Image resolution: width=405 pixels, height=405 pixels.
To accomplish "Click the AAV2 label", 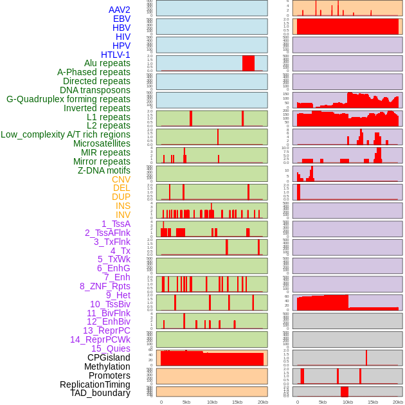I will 120,10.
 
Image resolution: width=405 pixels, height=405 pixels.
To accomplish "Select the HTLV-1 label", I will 116,55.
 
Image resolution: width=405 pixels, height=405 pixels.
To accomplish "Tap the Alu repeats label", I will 107,63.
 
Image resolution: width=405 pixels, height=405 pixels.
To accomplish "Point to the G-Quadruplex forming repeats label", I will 68,99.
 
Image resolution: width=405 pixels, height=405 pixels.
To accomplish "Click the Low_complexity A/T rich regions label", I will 66,134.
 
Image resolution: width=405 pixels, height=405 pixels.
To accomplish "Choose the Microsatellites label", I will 102,143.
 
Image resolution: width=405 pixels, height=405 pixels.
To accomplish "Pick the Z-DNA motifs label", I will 104,170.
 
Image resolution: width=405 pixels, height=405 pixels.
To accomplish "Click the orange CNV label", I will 121,179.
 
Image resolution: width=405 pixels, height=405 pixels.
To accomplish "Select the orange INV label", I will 123,215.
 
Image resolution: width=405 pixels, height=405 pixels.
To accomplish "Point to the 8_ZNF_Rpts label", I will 105,286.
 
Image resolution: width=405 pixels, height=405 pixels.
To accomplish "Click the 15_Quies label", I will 111,348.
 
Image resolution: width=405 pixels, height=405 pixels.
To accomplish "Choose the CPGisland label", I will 109,357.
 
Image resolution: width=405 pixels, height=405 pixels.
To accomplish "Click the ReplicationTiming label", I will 95,384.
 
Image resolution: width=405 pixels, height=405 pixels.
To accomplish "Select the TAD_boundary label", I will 100,393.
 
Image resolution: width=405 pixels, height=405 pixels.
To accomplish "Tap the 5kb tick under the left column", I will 186,402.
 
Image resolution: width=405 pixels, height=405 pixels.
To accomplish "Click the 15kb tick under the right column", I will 373,402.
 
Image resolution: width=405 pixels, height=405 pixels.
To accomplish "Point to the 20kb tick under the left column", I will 262,402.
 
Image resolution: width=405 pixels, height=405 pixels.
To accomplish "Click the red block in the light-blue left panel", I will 248,63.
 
